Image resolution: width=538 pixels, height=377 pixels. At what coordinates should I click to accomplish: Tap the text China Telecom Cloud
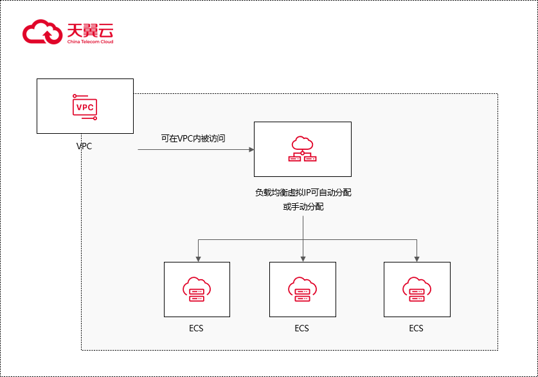[x=90, y=42]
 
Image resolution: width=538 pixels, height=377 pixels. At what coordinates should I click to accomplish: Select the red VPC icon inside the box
[x=85, y=107]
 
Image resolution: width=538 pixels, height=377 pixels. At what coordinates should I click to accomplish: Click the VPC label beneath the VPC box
[x=84, y=146]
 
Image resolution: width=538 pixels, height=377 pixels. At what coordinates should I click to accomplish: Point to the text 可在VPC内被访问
[x=193, y=138]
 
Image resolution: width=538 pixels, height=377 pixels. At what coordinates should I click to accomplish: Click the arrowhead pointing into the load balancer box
[x=251, y=150]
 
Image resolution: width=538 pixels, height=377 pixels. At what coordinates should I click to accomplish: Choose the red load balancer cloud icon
[x=302, y=149]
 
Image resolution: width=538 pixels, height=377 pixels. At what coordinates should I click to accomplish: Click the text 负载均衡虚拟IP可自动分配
[x=303, y=193]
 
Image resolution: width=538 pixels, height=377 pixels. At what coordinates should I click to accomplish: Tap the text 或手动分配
[x=303, y=207]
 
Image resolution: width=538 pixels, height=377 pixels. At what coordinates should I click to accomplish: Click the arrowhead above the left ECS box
[x=198, y=258]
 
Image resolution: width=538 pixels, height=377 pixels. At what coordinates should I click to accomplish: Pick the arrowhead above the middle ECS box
[x=303, y=258]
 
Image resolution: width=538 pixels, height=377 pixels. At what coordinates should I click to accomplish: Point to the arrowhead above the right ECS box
[x=417, y=258]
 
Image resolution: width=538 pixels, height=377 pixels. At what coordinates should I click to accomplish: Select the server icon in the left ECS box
[x=197, y=290]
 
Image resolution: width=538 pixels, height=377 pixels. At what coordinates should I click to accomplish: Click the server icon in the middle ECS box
[x=302, y=290]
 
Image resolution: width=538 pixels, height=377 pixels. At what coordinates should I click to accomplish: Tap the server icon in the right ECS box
[x=417, y=290]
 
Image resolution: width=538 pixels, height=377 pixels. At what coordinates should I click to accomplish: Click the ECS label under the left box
[x=197, y=328]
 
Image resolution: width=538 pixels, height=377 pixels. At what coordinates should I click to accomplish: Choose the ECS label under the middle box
[x=302, y=328]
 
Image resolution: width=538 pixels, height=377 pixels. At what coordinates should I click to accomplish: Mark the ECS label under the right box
[x=417, y=328]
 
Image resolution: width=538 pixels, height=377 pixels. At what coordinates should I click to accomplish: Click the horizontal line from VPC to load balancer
[x=193, y=150]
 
